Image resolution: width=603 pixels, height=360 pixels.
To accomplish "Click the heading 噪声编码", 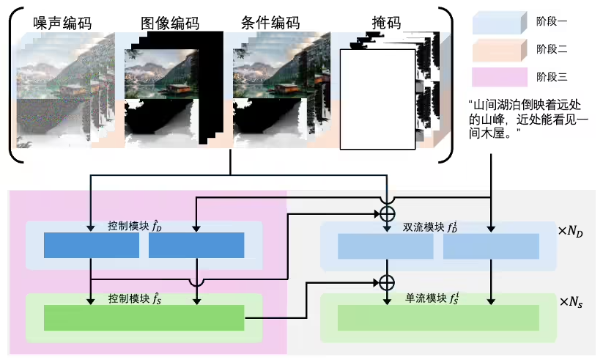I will pyautogui.click(x=62, y=23).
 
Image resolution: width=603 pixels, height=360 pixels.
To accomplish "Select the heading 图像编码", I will pyautogui.click(x=170, y=23).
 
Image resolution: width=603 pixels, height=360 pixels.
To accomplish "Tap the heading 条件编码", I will pyautogui.click(x=269, y=23).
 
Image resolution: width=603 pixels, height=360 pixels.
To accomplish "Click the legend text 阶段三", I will pyautogui.click(x=552, y=76).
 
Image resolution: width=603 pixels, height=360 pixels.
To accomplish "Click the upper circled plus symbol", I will pyautogui.click(x=386, y=213).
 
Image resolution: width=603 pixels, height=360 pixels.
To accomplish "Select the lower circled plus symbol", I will pyautogui.click(x=386, y=282).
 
